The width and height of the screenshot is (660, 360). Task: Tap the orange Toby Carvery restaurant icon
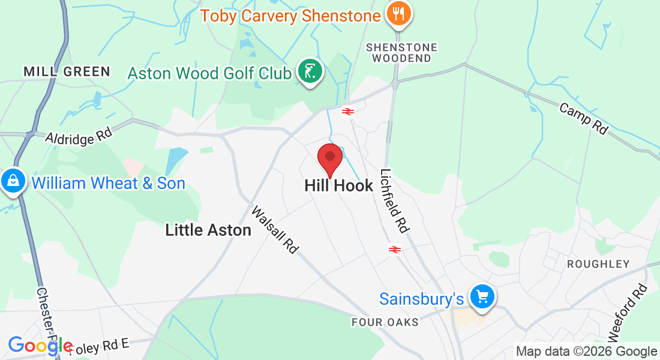[x=398, y=13]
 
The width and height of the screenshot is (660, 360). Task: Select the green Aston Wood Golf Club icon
[x=310, y=72]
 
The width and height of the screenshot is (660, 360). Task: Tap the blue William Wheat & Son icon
[x=12, y=180]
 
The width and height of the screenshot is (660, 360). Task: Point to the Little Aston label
[x=208, y=229]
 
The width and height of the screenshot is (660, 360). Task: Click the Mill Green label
[x=67, y=71]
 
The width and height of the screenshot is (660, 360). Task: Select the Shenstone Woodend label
[x=401, y=53]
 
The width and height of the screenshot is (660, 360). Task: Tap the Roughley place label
[x=598, y=264]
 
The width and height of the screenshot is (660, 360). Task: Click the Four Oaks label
[x=385, y=322]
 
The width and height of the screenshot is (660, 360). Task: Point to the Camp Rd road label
[x=584, y=118]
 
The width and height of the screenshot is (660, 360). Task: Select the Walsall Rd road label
[x=275, y=230]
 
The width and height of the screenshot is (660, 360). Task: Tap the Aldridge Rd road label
[x=70, y=137]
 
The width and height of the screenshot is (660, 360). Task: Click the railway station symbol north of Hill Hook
[x=347, y=111]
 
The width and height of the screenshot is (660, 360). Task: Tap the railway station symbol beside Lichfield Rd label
[x=394, y=250]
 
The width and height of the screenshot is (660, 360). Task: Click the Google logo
[x=41, y=346]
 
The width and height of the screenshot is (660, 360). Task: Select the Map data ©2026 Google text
[x=586, y=352]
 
